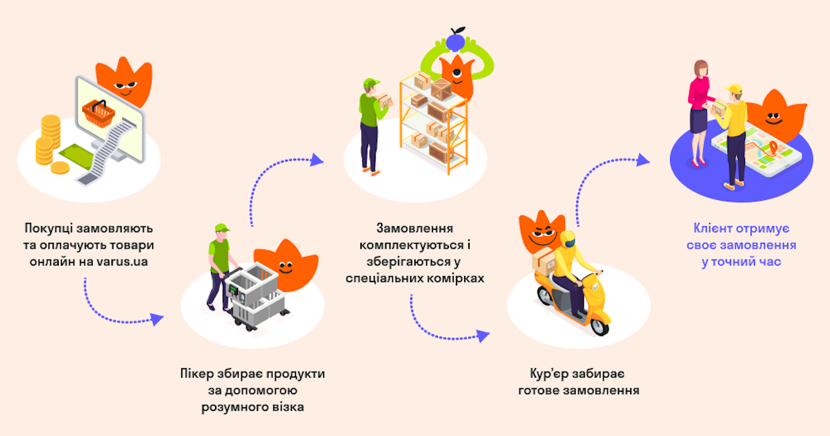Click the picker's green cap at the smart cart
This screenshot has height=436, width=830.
(221, 228)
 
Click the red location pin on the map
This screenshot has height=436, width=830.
(773, 147)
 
